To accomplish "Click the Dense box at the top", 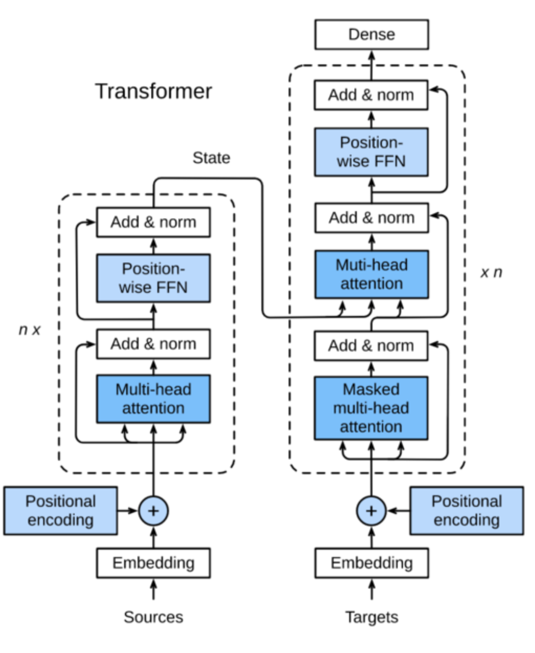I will pos(371,34).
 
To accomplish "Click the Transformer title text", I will pos(154,91).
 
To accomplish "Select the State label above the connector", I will pos(211,158).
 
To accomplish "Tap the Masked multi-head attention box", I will pos(371,408).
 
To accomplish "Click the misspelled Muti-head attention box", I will pos(371,274).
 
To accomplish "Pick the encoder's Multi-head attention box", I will pos(153,399).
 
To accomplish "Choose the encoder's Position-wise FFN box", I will pos(153,278).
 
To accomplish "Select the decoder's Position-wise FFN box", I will pos(371,152).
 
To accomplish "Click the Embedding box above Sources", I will pos(153,563).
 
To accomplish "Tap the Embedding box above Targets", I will pos(371,563).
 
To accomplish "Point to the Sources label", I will pos(153,617).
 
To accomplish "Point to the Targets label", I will pos(371,617).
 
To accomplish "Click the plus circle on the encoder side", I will pos(153,511).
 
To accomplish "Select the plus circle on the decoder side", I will pos(371,511).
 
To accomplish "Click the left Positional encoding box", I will pos(61,511).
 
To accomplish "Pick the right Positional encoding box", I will pos(466,511).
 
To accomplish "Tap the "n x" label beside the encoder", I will pos(29,330).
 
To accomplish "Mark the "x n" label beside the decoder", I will pos(491,272).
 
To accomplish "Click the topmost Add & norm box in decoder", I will pos(371,95).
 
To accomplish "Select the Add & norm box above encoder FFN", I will pos(153,222).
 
